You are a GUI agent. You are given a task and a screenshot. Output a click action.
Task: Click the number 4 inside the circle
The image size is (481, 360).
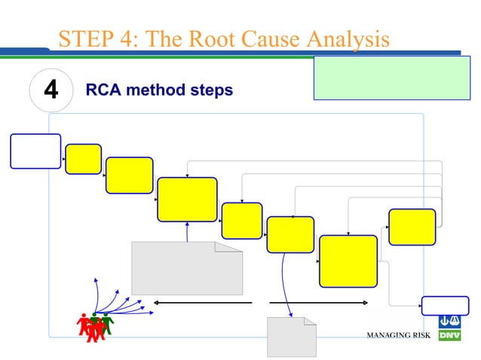(51, 91)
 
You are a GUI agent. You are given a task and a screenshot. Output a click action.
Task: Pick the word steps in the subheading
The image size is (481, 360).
(212, 90)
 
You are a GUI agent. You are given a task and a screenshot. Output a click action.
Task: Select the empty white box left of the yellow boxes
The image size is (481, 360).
(35, 151)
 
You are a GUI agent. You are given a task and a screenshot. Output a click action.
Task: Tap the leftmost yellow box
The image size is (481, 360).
(83, 159)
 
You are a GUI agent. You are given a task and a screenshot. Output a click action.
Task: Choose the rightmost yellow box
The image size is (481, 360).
(412, 227)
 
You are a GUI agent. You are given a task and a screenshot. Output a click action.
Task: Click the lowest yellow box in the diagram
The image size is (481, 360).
(348, 261)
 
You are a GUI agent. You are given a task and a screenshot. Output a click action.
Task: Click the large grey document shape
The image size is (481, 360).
(187, 268)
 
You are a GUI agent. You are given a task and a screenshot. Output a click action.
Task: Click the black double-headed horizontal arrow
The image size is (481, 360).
(202, 303)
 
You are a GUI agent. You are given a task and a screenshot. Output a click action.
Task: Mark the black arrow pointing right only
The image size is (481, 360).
(318, 303)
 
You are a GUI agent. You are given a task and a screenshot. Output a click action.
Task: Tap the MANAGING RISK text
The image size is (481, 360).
(398, 334)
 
